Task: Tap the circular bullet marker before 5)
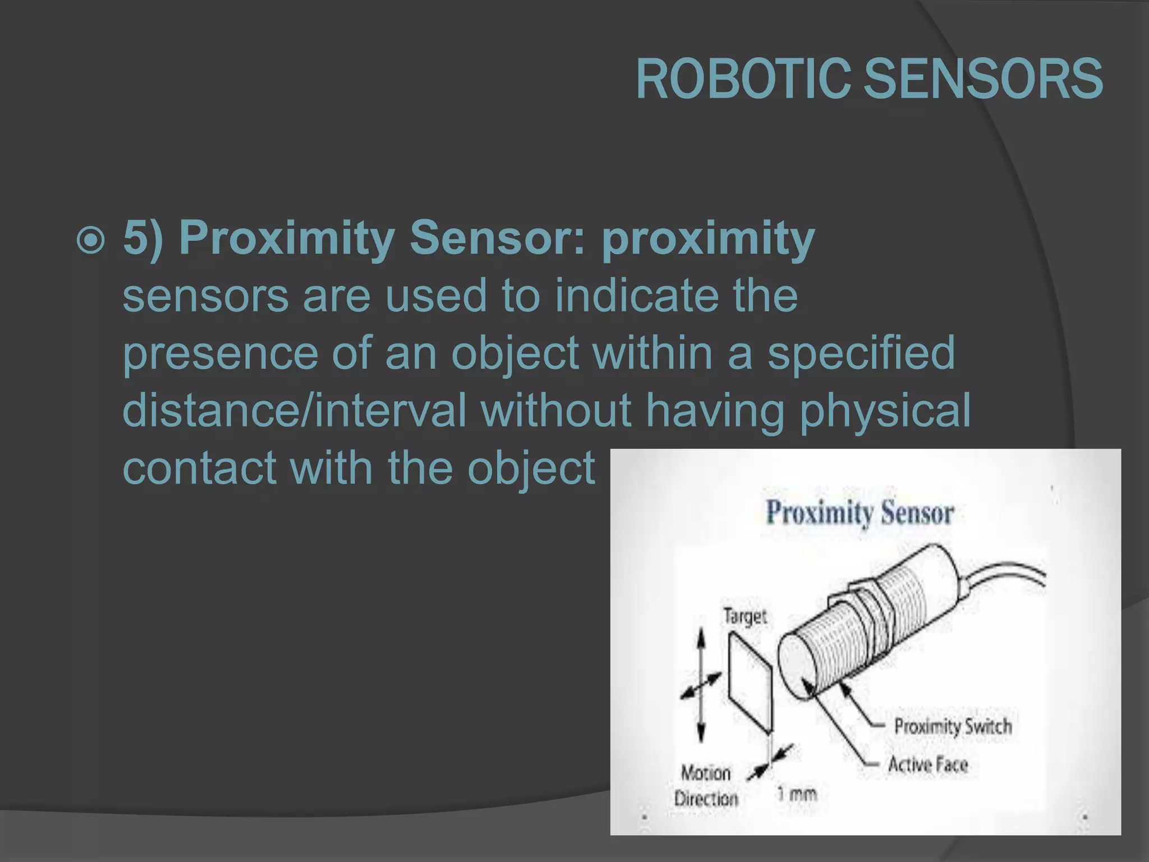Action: pos(90,241)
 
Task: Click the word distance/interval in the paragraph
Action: pos(294,410)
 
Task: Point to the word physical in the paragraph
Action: pos(885,410)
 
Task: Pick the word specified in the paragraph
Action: pos(861,353)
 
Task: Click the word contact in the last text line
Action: pos(199,467)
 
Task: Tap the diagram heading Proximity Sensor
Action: pos(860,512)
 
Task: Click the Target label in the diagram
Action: pos(744,616)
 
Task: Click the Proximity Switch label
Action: pos(953,726)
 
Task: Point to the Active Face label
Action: pos(928,764)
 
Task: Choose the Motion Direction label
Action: pos(706,786)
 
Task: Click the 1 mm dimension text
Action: pos(796,794)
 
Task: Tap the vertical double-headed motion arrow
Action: pos(701,685)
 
